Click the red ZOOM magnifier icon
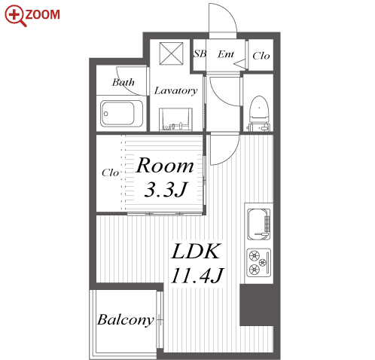point(15,16)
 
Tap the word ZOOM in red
point(43,14)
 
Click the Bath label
point(123,82)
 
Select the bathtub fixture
point(122,114)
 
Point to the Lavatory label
point(175,90)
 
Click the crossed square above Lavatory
point(172,53)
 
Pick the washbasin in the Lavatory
point(175,119)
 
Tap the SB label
point(200,53)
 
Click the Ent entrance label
point(226,54)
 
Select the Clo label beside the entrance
point(261,56)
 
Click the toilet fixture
point(259,113)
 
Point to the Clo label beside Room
point(110,172)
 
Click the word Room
point(165,166)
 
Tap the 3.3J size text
point(166,189)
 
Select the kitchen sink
point(259,224)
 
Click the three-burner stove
point(259,263)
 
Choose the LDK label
point(196,252)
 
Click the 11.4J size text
point(197,276)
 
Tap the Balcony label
point(126,320)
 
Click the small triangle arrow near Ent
point(239,63)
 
